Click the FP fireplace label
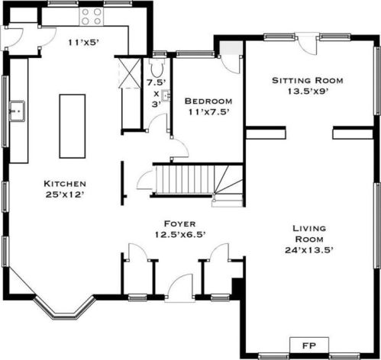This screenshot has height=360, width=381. pyautogui.click(x=309, y=346)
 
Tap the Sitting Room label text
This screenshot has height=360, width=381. pyautogui.click(x=308, y=81)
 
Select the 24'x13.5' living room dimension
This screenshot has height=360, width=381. pyautogui.click(x=309, y=250)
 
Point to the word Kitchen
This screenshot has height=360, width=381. pyautogui.click(x=65, y=184)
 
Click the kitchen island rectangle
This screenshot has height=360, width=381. pyautogui.click(x=73, y=127)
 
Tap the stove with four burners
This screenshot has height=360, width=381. pyautogui.click(x=92, y=17)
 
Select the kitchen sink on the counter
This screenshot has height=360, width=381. pyautogui.click(x=17, y=111)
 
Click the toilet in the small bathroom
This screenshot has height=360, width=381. pyautogui.click(x=157, y=67)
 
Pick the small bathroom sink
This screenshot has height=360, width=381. pyautogui.click(x=166, y=95)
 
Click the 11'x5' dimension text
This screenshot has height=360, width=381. pyautogui.click(x=83, y=43)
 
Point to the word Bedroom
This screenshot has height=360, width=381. pyautogui.click(x=208, y=101)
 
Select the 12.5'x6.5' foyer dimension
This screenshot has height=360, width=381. pyautogui.click(x=180, y=234)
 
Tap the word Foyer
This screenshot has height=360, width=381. pyautogui.click(x=180, y=223)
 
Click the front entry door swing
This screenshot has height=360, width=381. pyautogui.click(x=179, y=288)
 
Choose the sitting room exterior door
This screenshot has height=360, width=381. pyautogui.click(x=308, y=43)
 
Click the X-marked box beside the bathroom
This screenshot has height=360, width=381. pyautogui.click(x=130, y=73)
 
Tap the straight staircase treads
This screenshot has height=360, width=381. pyautogui.click(x=184, y=180)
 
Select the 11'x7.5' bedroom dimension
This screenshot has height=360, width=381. pyautogui.click(x=208, y=112)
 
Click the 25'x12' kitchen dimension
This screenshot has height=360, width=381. pyautogui.click(x=65, y=194)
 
